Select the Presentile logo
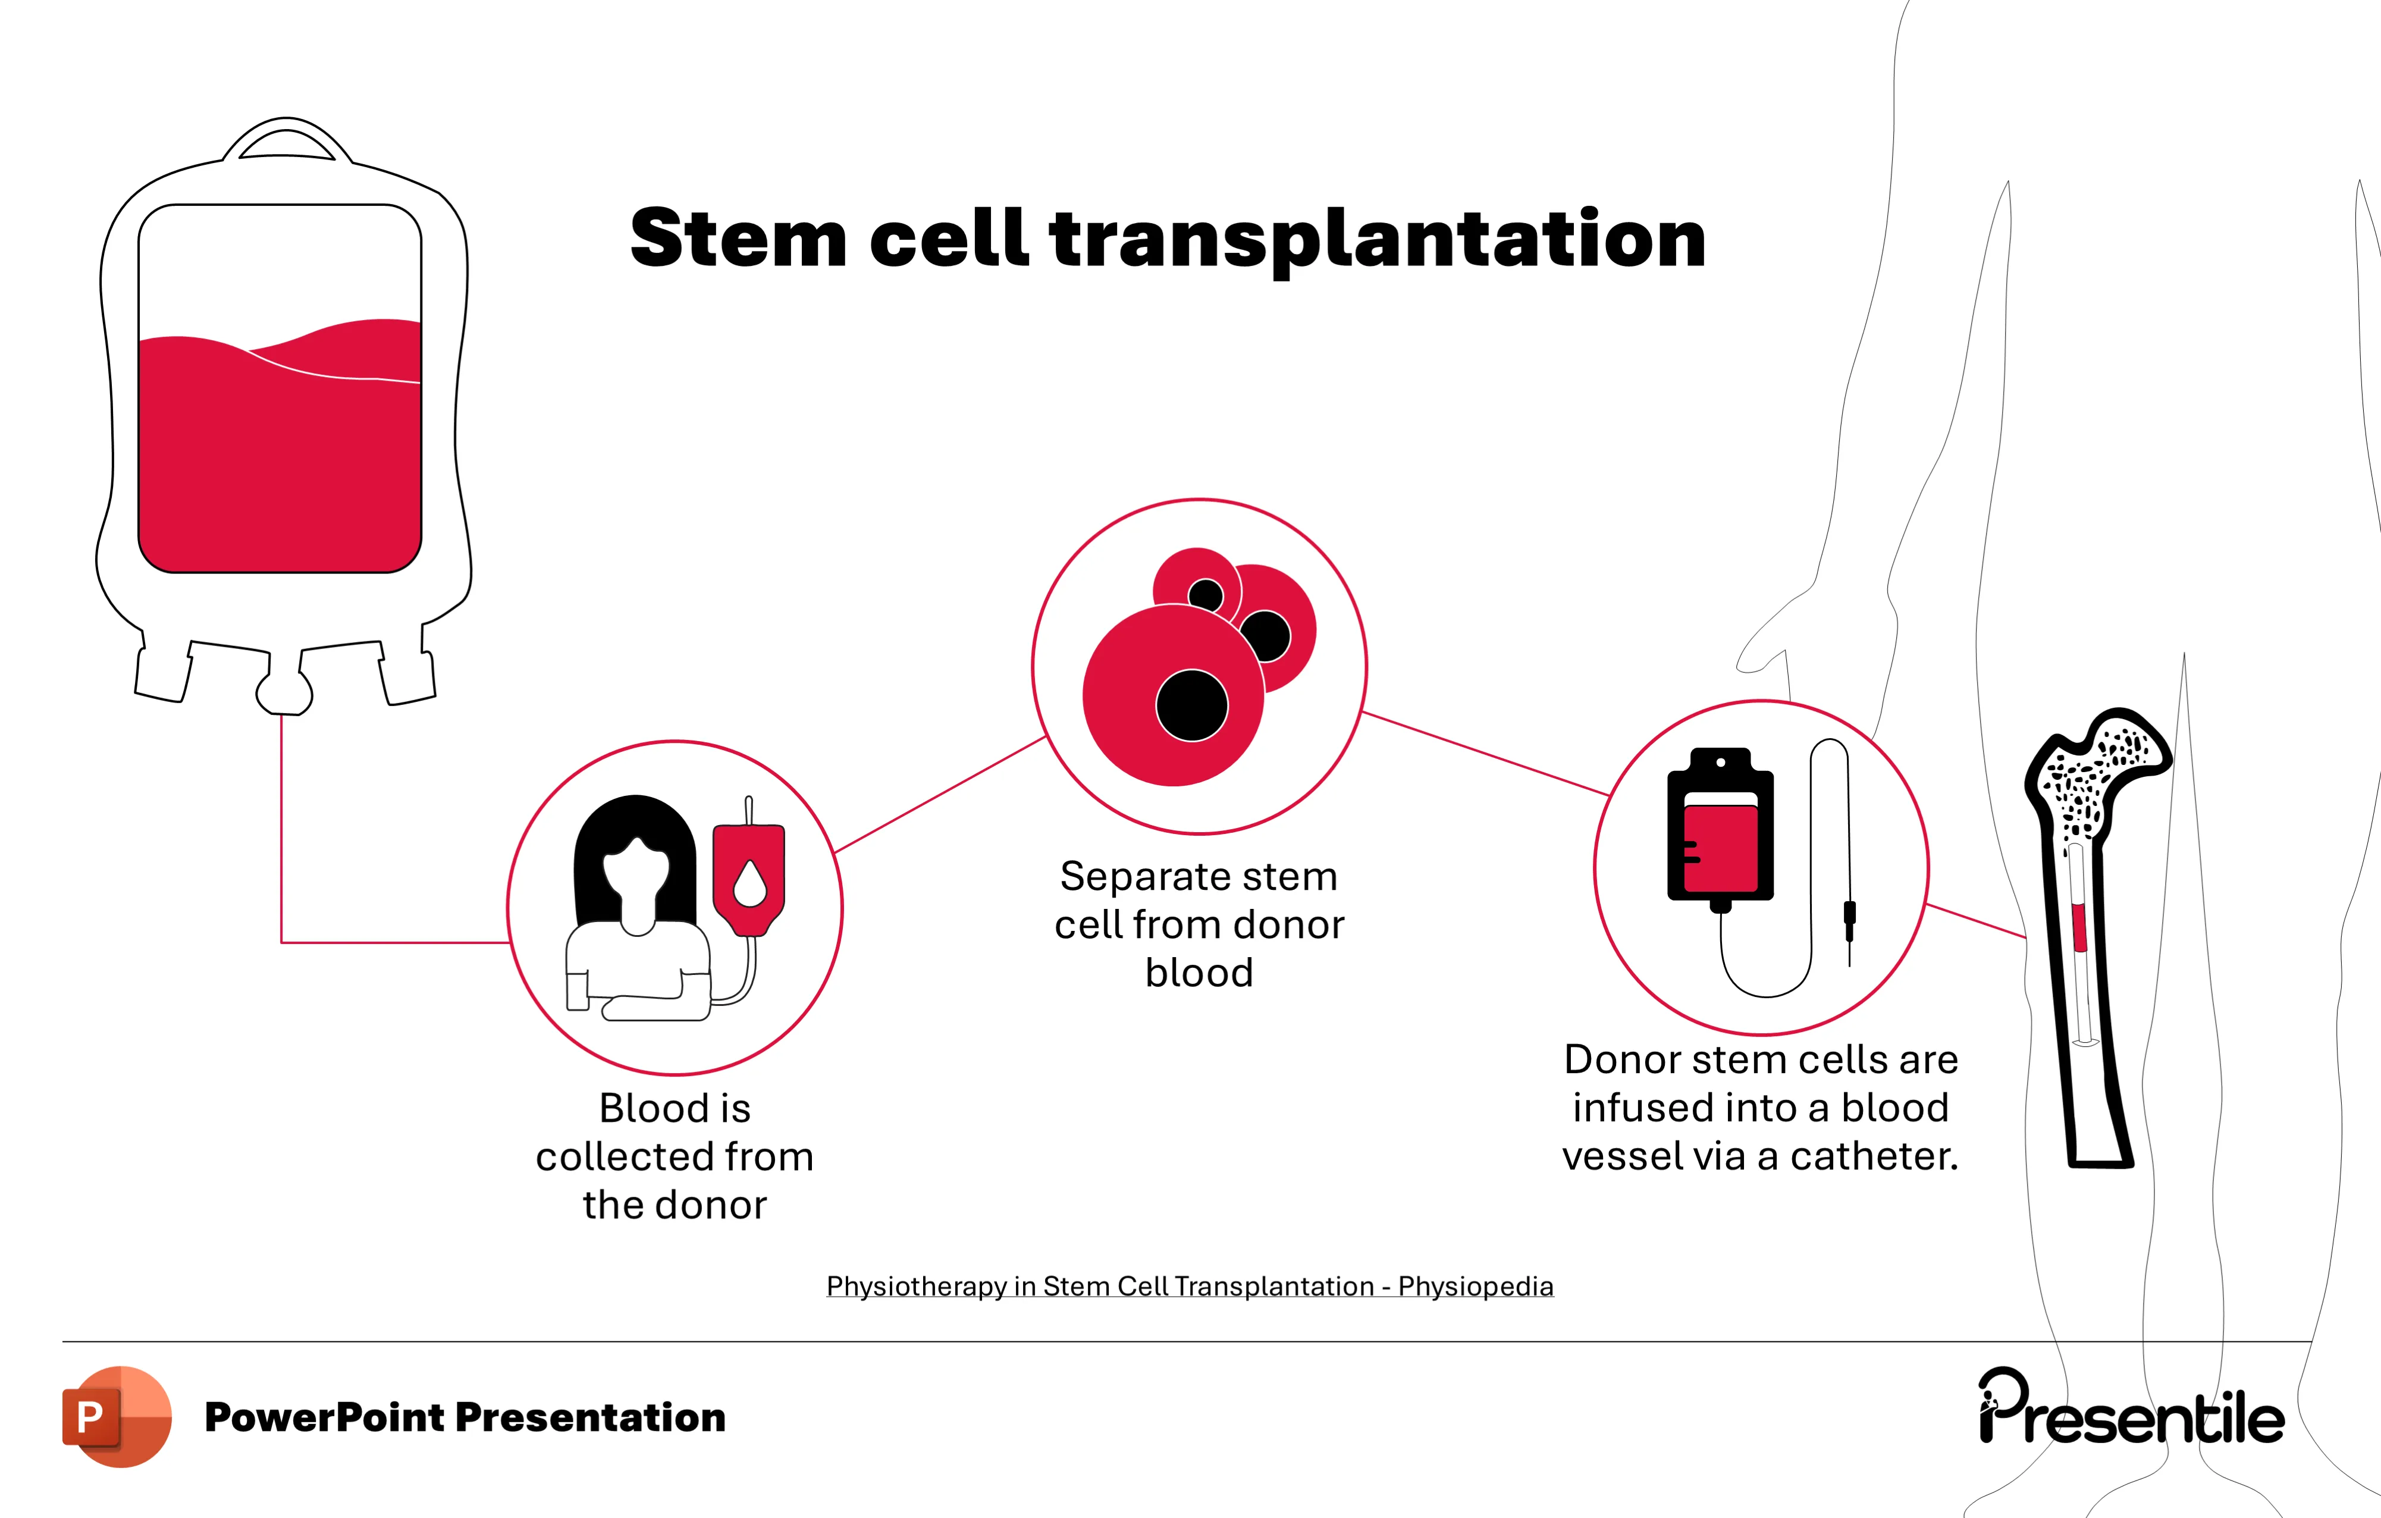pos(2131,1409)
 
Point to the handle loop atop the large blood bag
pos(287,139)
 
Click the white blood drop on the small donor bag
pos(749,883)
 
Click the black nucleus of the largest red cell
pos(1191,705)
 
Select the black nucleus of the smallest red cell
pos(1205,595)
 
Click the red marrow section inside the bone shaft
pos(2078,927)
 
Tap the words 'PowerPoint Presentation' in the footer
pos(465,1417)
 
